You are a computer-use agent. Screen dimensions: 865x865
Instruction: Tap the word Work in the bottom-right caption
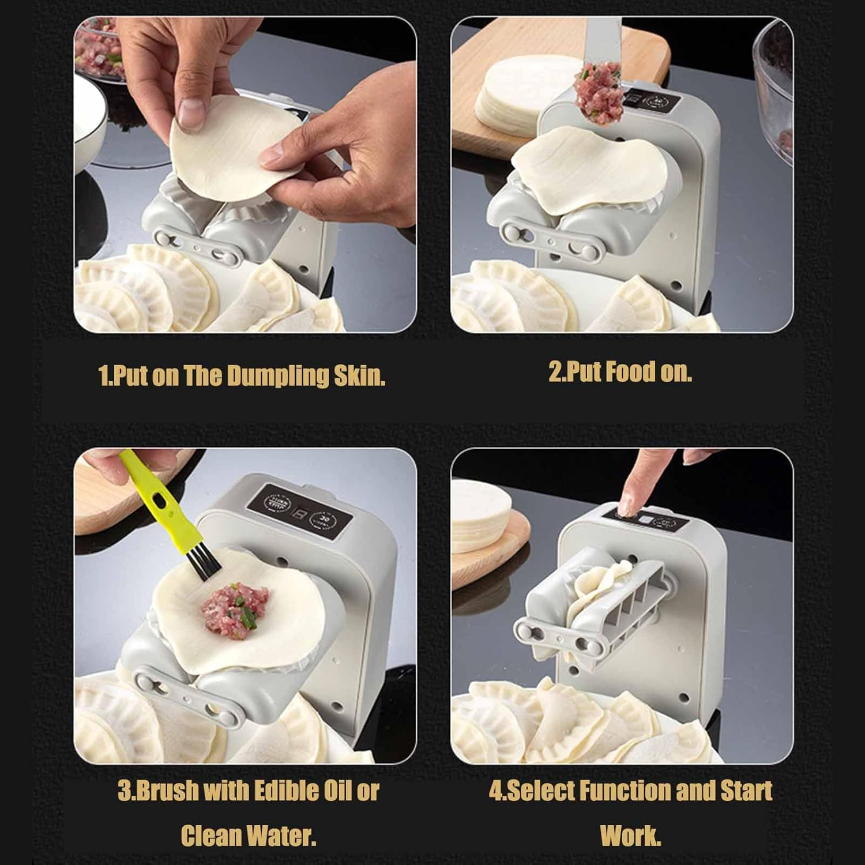[630, 835]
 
